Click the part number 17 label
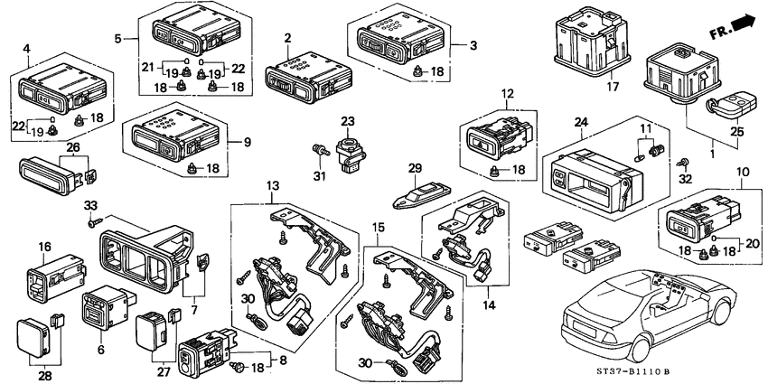(x=613, y=88)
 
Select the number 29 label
(x=415, y=169)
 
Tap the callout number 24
(x=580, y=120)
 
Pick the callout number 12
(x=507, y=94)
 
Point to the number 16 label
(x=44, y=246)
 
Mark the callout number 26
(x=47, y=147)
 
